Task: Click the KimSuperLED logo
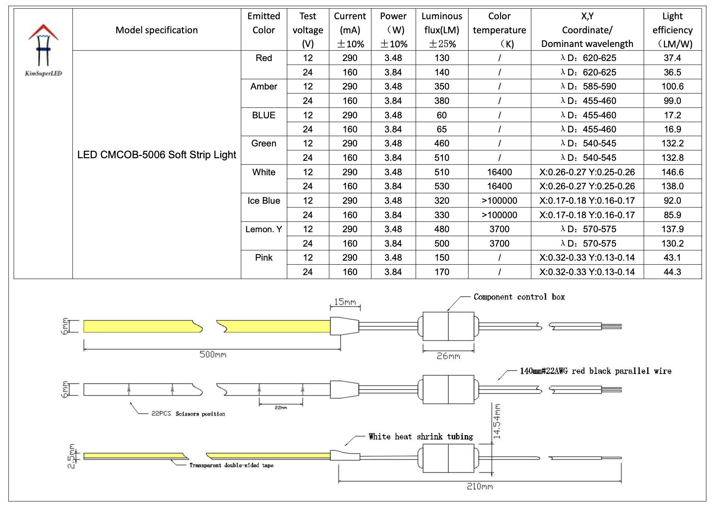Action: (x=43, y=50)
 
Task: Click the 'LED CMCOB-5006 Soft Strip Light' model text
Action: (x=157, y=155)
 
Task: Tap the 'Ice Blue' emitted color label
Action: (x=263, y=201)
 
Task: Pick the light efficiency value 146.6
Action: (x=672, y=172)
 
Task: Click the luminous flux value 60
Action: (x=441, y=115)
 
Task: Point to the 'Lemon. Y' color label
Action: (x=263, y=229)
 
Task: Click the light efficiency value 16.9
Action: (x=672, y=129)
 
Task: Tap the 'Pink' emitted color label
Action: (x=263, y=258)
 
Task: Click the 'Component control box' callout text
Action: (x=519, y=297)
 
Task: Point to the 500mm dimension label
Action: (x=213, y=355)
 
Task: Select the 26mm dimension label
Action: (x=448, y=356)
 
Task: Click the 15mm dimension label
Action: (x=345, y=302)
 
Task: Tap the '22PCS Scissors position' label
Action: (x=188, y=414)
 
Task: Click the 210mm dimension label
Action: (x=480, y=487)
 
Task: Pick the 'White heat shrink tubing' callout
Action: (x=421, y=437)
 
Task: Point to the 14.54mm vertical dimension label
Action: (x=497, y=421)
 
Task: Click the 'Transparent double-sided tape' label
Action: (x=231, y=465)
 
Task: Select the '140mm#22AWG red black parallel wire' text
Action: (x=595, y=371)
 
